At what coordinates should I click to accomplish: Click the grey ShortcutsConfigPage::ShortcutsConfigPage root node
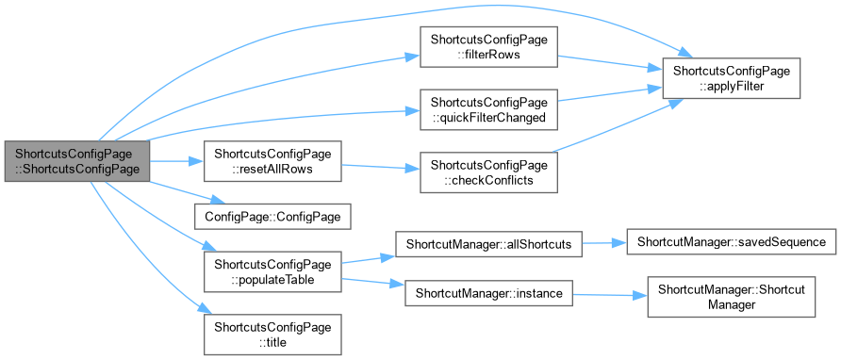click(76, 161)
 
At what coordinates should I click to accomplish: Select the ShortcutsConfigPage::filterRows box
click(488, 47)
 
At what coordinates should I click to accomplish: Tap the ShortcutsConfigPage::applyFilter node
click(732, 78)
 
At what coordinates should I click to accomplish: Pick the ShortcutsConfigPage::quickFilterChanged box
click(488, 109)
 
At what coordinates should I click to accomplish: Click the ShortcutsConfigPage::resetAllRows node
click(272, 161)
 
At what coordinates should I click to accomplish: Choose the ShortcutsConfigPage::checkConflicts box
click(488, 172)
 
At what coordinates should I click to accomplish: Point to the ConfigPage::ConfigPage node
click(272, 217)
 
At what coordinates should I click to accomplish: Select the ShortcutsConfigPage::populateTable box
click(272, 272)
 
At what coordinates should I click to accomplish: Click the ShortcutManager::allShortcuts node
click(488, 243)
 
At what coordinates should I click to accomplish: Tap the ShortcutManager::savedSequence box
click(732, 242)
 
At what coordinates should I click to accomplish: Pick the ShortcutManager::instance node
click(488, 293)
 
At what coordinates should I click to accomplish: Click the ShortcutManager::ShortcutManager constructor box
click(732, 297)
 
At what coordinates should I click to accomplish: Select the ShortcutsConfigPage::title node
click(272, 335)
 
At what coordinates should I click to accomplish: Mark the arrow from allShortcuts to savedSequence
click(604, 243)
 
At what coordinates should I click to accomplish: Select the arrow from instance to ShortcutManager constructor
click(610, 295)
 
